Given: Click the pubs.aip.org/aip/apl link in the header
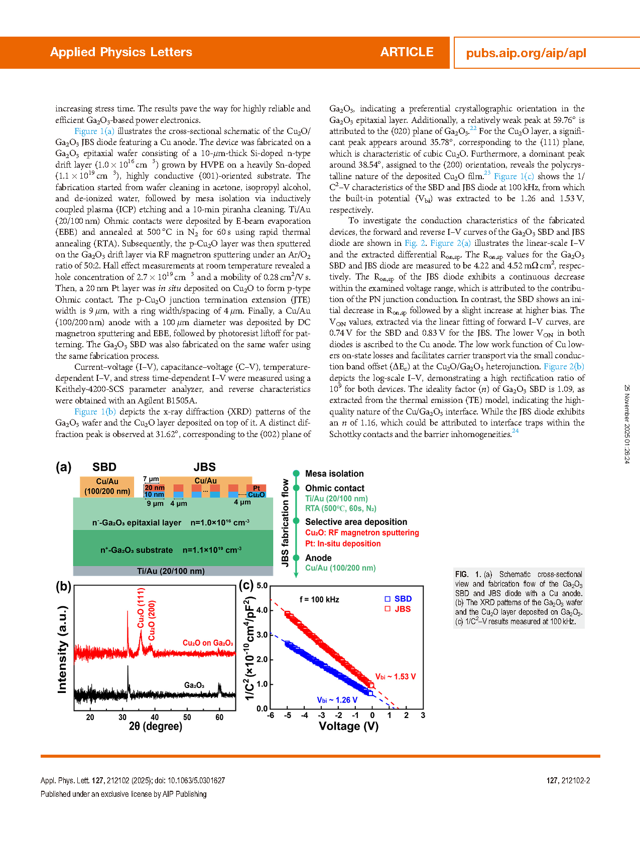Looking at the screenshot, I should (x=526, y=53).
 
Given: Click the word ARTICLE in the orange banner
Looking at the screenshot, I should (x=407, y=52).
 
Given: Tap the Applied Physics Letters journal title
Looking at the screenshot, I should (x=121, y=52).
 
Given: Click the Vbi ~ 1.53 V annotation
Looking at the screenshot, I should (x=396, y=677).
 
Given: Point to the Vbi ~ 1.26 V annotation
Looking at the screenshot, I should (x=337, y=700).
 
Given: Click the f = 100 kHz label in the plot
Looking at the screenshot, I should (x=319, y=600).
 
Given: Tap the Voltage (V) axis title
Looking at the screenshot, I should (x=348, y=726).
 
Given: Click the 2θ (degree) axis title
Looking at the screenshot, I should (x=156, y=726).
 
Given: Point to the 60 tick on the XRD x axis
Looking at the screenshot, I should (x=219, y=718).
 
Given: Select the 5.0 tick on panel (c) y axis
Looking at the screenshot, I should (x=262, y=586).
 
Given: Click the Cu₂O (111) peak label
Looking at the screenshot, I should (x=141, y=608).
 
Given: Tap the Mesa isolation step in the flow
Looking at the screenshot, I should (x=334, y=474).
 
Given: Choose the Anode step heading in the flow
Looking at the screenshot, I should (x=318, y=558).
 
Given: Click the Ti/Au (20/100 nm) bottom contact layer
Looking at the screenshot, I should (x=171, y=571).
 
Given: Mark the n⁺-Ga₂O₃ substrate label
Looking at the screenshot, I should (x=137, y=550).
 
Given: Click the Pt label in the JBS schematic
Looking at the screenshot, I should (x=257, y=488).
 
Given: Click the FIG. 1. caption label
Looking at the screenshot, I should (x=468, y=575).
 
